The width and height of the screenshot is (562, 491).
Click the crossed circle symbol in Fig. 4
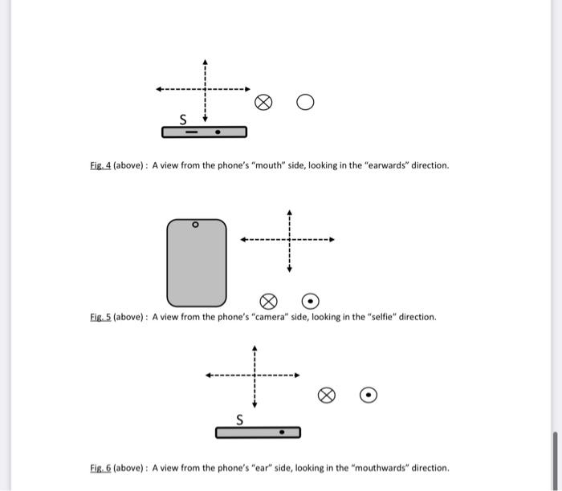point(263,102)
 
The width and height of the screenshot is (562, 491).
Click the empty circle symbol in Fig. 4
point(304,102)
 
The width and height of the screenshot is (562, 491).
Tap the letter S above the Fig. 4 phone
point(183,120)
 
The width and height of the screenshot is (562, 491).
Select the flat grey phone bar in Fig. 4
point(204,132)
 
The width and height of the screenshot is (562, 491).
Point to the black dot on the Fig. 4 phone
point(217,132)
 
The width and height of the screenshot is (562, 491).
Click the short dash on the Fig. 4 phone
point(192,132)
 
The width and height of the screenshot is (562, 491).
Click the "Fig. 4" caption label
point(100,165)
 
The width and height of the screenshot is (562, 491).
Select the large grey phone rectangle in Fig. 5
point(197,262)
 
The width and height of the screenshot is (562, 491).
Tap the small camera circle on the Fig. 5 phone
point(194,226)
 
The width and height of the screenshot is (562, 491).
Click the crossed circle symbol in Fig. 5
point(269,301)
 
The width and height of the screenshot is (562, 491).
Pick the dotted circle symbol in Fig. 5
point(311,301)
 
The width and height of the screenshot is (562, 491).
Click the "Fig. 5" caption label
point(100,317)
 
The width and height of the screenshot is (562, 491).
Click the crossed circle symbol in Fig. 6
point(326,394)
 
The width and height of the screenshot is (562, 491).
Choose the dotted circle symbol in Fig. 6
point(368,394)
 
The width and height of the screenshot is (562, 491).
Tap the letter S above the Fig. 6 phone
point(238,420)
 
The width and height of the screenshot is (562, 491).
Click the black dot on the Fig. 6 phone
point(281,432)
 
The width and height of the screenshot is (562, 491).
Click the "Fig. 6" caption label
point(100,468)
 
